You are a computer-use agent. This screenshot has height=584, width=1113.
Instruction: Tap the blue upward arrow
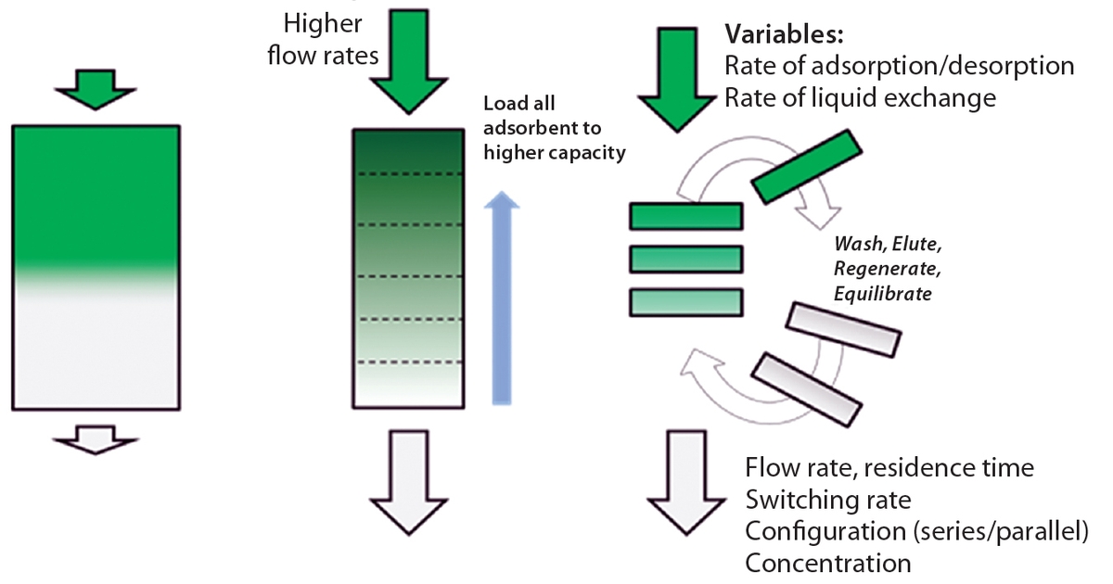[x=502, y=297]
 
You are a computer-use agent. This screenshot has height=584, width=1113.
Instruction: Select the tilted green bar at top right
[x=806, y=166]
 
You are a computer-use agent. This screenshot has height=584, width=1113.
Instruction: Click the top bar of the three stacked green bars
[x=685, y=216]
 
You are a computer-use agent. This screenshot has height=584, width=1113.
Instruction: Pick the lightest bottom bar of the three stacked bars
[x=685, y=302]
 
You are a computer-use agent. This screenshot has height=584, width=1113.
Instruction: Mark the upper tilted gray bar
[x=842, y=330]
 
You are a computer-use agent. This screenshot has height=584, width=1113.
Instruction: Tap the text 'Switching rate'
[x=827, y=501]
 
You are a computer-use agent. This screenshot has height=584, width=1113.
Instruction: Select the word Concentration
[x=828, y=563]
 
